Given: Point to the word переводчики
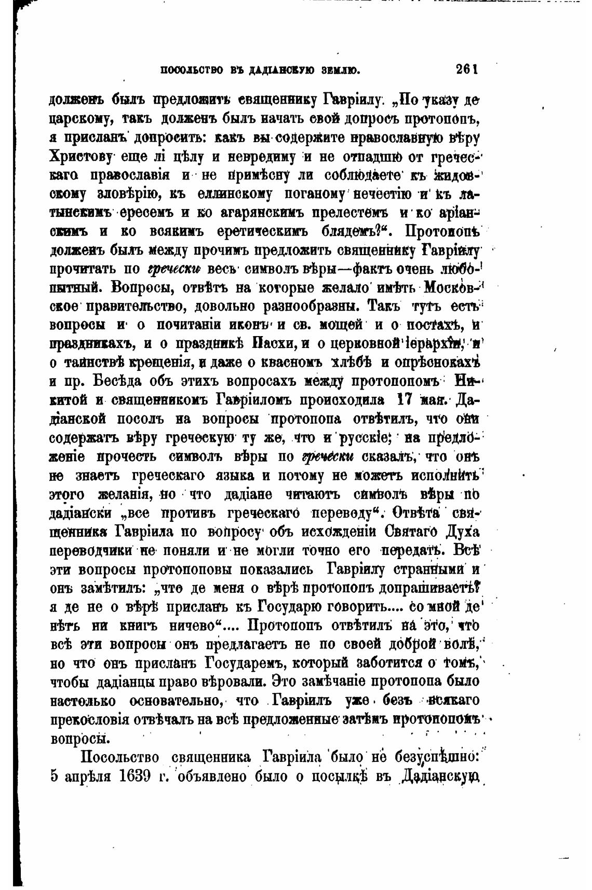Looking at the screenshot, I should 92,550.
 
